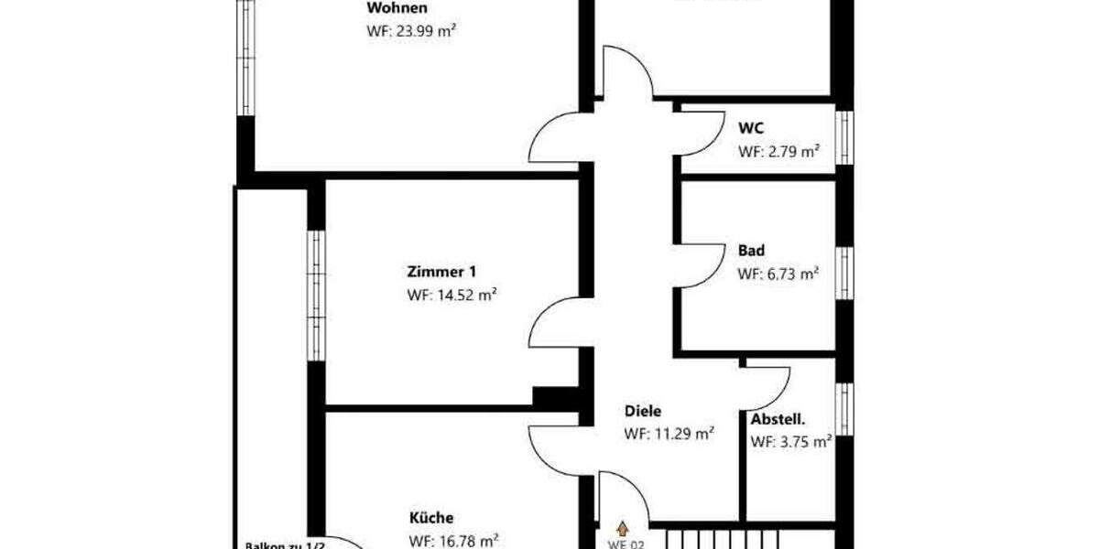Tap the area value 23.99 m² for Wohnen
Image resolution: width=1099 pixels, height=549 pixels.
point(411,30)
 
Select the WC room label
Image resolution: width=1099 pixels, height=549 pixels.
point(751,129)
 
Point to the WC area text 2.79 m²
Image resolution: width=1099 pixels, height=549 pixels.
point(778,152)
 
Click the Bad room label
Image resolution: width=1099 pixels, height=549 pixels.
point(751,250)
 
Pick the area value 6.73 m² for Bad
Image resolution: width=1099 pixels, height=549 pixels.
point(778,273)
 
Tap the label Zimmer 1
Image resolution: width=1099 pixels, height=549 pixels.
point(441,272)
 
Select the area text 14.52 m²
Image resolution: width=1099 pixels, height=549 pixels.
point(452,295)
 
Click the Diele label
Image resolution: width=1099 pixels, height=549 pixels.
point(643,412)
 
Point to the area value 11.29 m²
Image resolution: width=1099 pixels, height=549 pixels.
point(669,435)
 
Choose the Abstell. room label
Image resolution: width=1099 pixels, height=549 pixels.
point(778,420)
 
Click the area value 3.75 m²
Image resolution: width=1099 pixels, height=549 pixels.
point(791,442)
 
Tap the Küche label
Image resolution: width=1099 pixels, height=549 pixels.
point(430,518)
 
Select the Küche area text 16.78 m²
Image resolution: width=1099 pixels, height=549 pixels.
point(453,540)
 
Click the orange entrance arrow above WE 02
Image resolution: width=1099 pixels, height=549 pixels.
point(624,528)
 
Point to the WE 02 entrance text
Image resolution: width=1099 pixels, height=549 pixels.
point(626,544)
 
